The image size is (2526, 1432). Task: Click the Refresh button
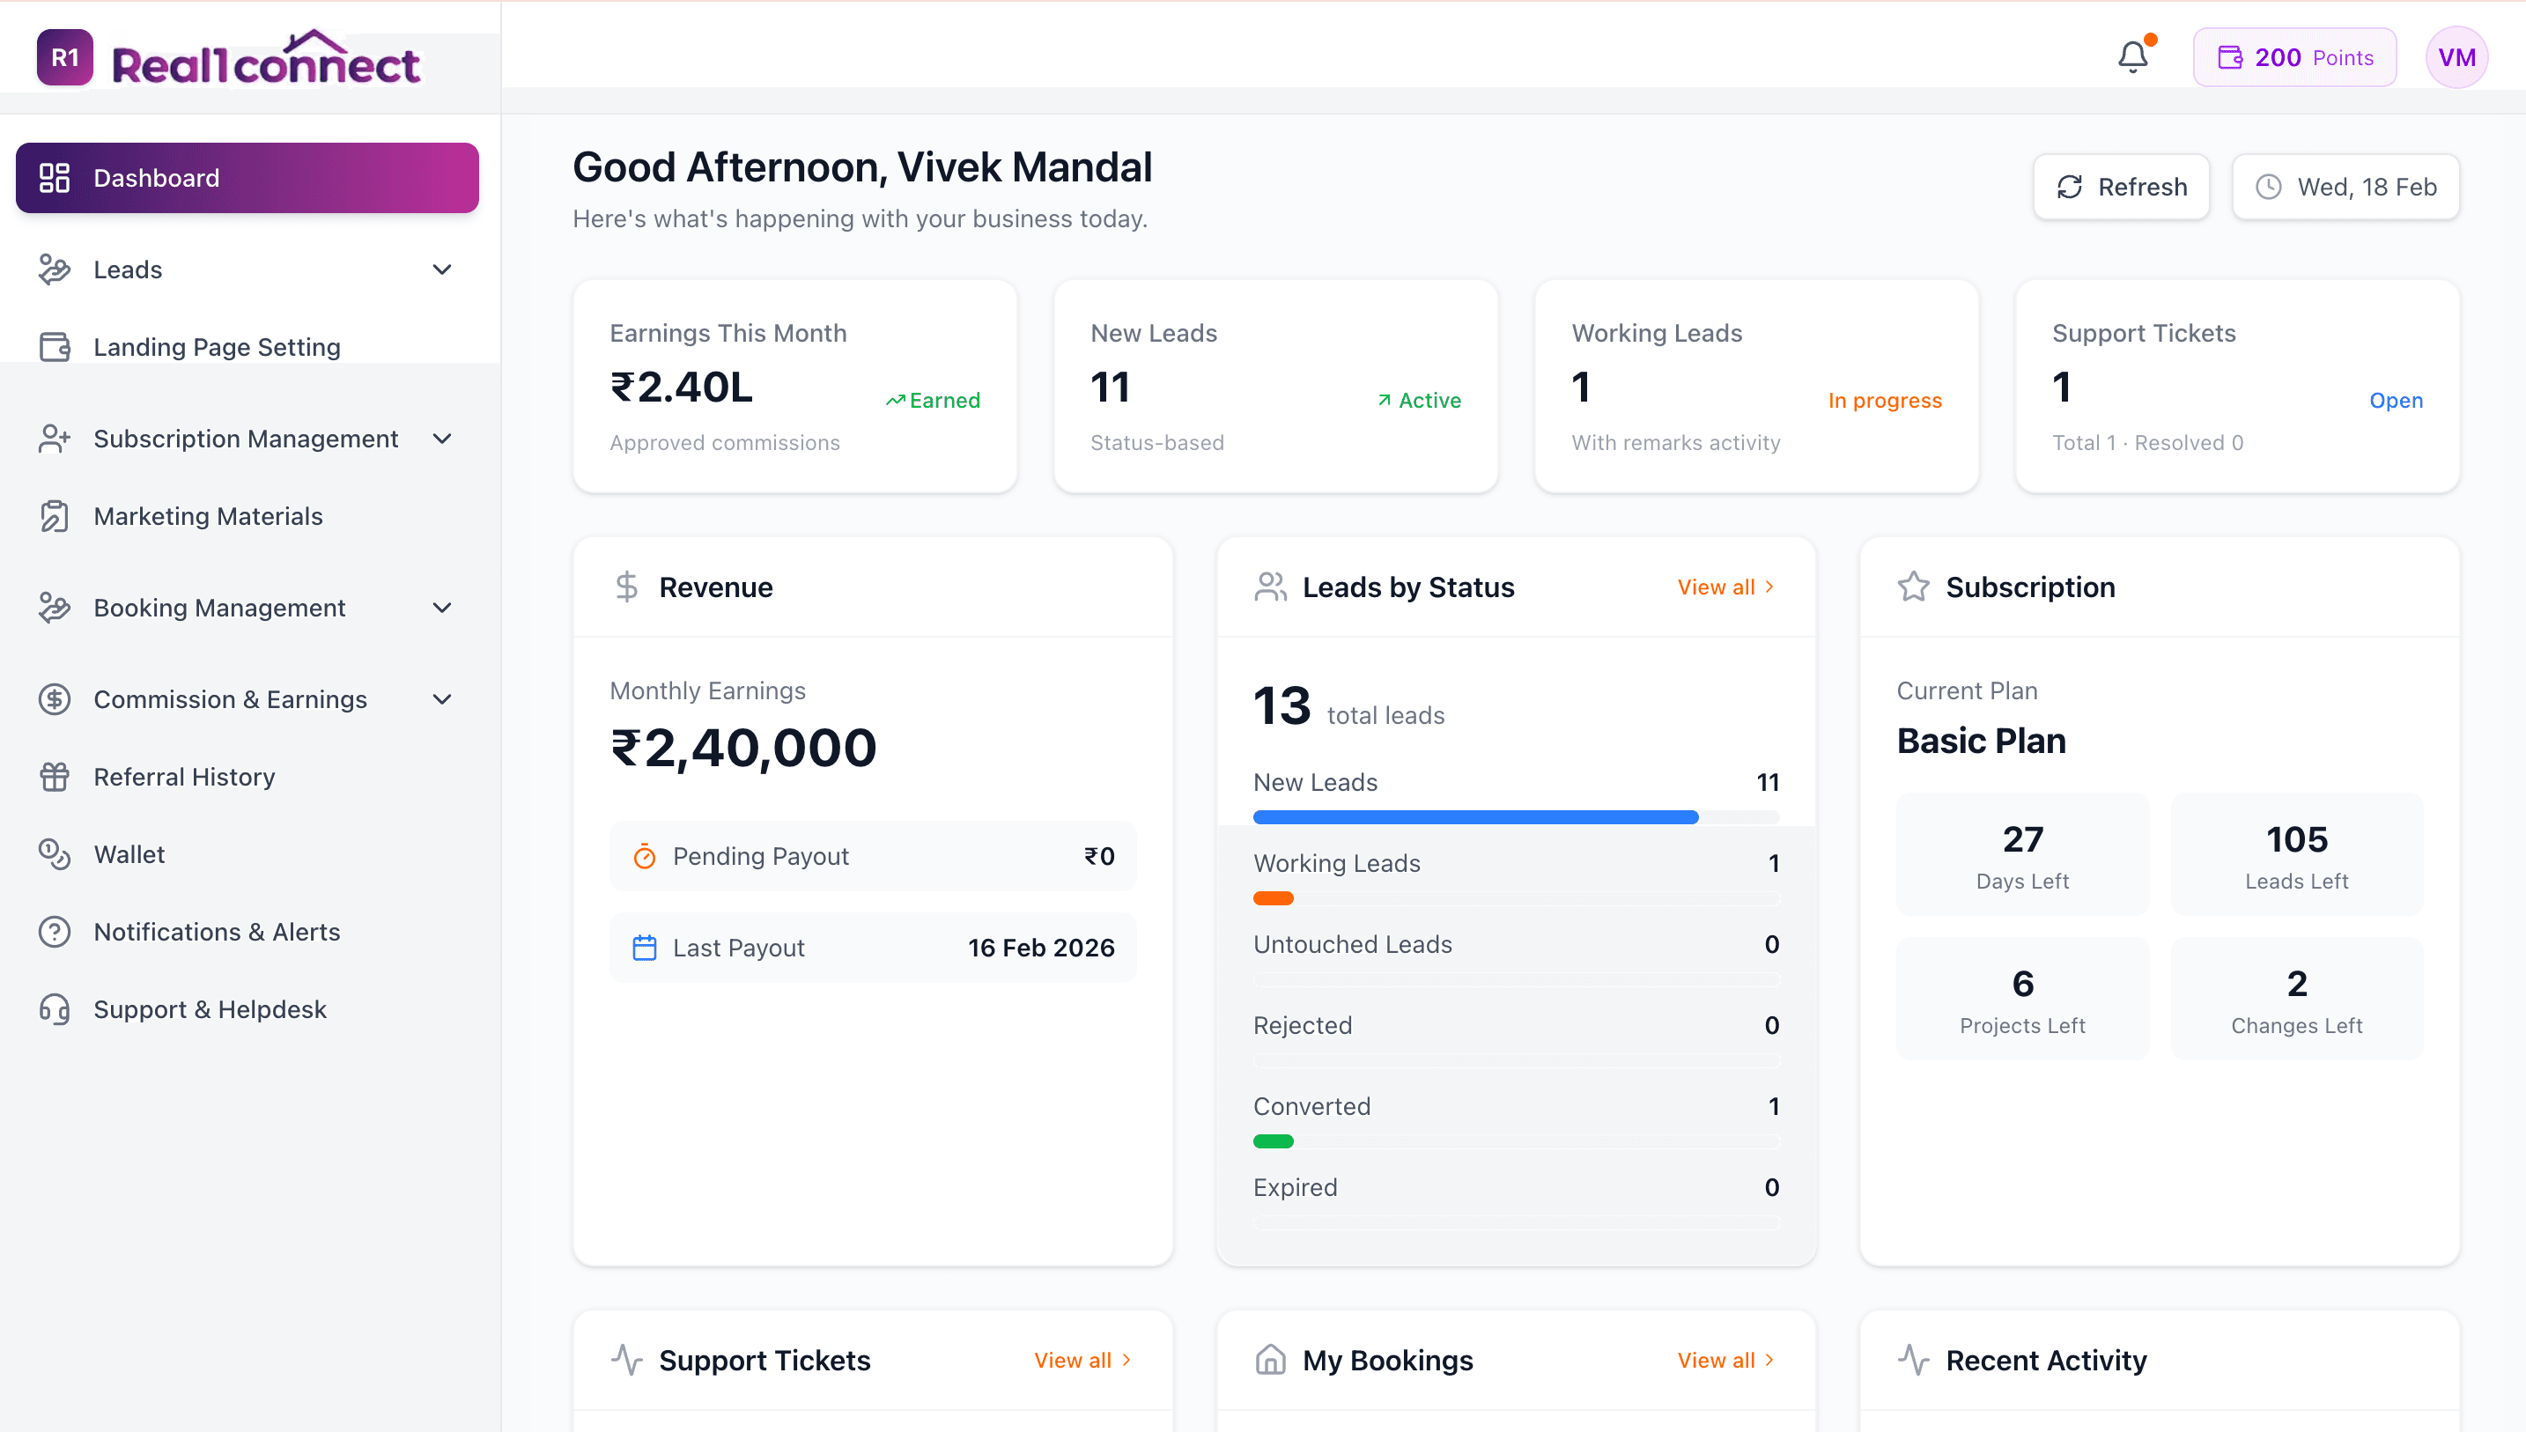(x=2121, y=187)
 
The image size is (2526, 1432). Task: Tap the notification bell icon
(x=2132, y=57)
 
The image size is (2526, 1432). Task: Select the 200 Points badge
(x=2294, y=57)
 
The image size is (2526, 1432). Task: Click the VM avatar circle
(x=2456, y=57)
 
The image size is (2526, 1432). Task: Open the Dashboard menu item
(x=247, y=178)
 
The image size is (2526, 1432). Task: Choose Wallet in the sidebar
(x=129, y=853)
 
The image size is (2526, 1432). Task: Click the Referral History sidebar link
(x=184, y=776)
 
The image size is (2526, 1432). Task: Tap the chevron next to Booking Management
(x=442, y=608)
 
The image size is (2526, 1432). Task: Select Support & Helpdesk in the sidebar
(x=210, y=1009)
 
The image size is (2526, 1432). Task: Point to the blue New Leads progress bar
(x=1475, y=817)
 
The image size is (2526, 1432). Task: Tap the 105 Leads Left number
(x=2297, y=839)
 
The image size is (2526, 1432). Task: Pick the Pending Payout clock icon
(x=645, y=857)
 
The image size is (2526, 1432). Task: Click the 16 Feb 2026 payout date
(x=1041, y=949)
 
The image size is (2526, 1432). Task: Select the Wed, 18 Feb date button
(x=2345, y=187)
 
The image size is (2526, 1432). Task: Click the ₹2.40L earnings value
(x=682, y=388)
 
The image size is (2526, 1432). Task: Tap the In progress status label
(x=1885, y=401)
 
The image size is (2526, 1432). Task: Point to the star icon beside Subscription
(x=1913, y=587)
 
